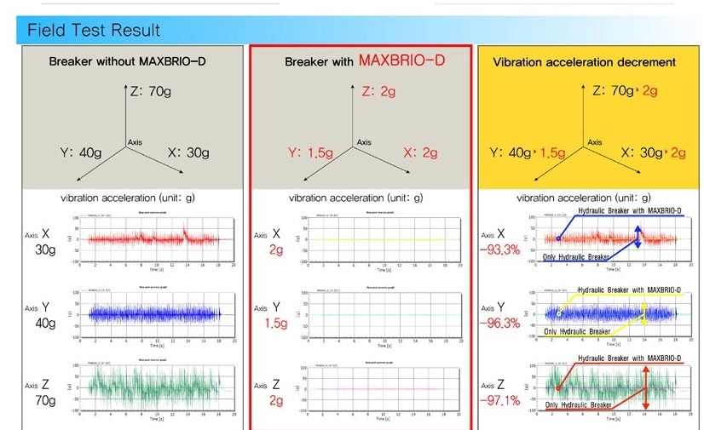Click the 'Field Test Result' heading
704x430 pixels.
(x=94, y=31)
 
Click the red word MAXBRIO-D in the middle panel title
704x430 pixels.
(x=401, y=61)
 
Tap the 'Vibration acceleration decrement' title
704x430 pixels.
(x=584, y=62)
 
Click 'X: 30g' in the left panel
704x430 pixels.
(x=188, y=152)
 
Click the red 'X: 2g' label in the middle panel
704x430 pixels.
(x=419, y=152)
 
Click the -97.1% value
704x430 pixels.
(x=499, y=399)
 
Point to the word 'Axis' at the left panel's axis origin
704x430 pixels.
(x=136, y=141)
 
